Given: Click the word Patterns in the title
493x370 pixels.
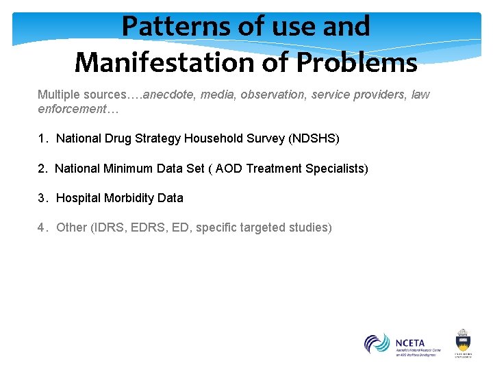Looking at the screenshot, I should (166, 27).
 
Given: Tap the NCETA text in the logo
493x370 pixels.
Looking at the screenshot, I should (409, 342).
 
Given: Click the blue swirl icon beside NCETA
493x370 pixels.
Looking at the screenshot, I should (377, 343).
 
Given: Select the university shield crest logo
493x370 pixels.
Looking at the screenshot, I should (464, 340).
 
